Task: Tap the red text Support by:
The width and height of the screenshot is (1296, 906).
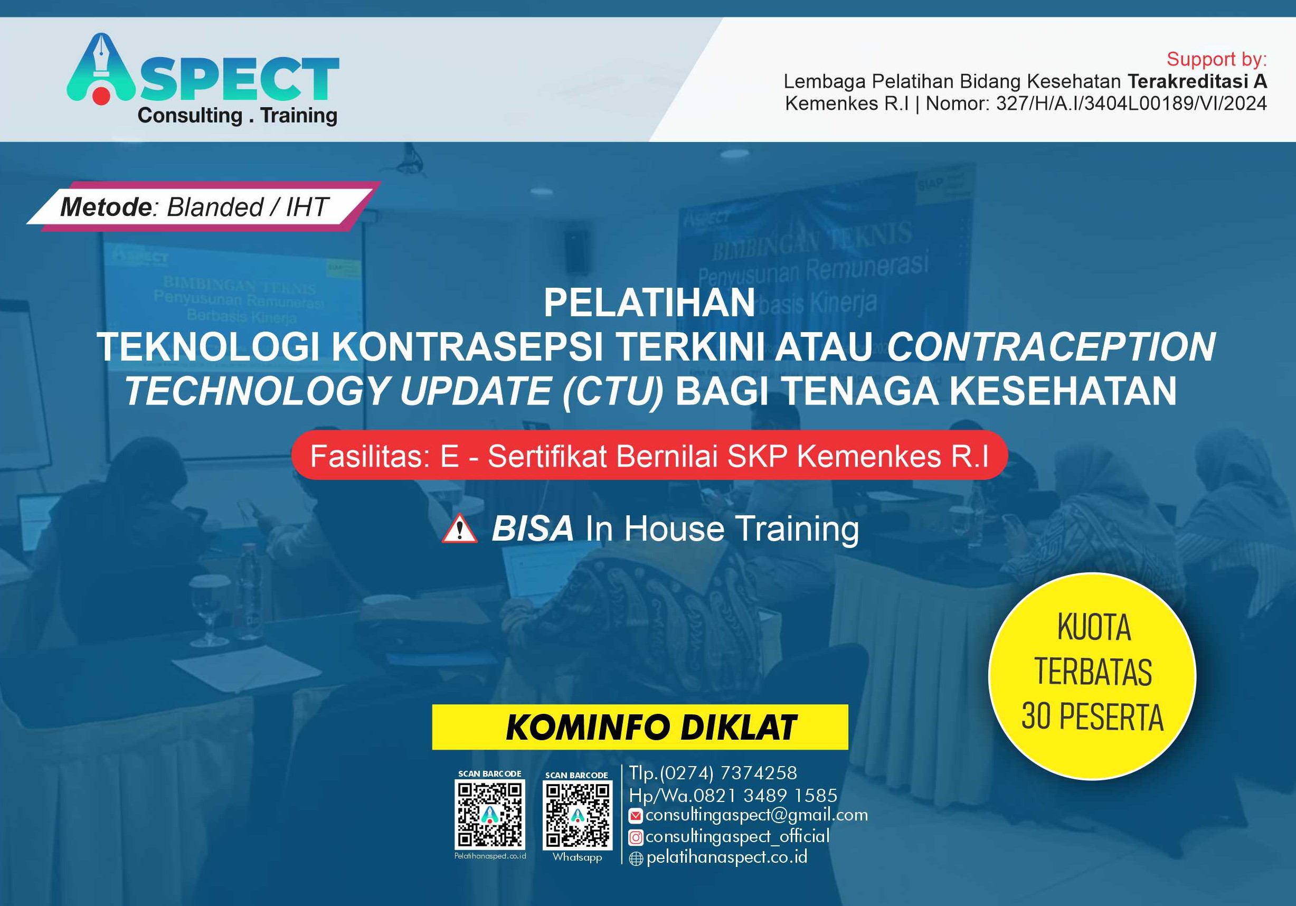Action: coord(1216,59)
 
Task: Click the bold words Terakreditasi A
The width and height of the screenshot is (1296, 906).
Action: coord(1197,82)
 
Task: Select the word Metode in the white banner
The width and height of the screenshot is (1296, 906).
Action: coord(106,207)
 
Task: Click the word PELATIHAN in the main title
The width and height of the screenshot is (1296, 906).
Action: coord(649,303)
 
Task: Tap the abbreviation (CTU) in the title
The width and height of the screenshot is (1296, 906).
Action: coord(612,391)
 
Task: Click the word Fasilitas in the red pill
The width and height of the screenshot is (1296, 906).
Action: coord(370,456)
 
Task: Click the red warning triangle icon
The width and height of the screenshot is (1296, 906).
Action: coord(459,530)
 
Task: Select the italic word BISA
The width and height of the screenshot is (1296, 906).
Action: coord(532,529)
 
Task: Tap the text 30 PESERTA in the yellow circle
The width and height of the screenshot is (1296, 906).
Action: coord(1092,717)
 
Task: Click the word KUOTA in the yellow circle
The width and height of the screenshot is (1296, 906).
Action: coord(1093,627)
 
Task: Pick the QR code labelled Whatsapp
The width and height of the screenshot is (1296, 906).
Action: coord(578,815)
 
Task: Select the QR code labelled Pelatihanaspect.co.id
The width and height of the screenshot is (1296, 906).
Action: coord(490,814)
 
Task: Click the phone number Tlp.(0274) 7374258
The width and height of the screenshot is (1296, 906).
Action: coord(713,773)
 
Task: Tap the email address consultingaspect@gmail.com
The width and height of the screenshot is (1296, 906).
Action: coord(756,815)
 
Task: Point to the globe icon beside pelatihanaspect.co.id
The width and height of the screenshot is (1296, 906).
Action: coord(636,858)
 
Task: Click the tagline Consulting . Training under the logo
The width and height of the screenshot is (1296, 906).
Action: coord(237,115)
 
